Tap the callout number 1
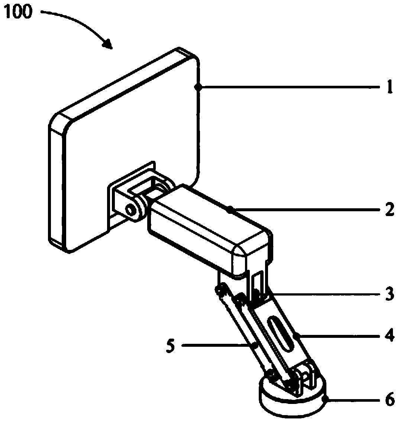[x=389, y=88]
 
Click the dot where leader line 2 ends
[x=231, y=210]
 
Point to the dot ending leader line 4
[x=299, y=336]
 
